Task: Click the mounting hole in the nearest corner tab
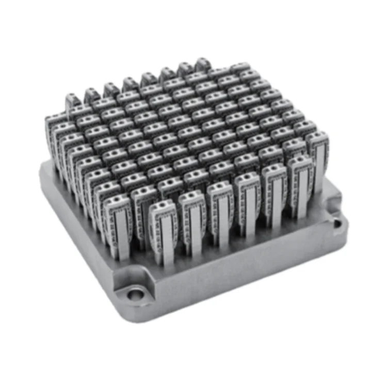click(136, 295)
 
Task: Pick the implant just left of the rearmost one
click(184, 70)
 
